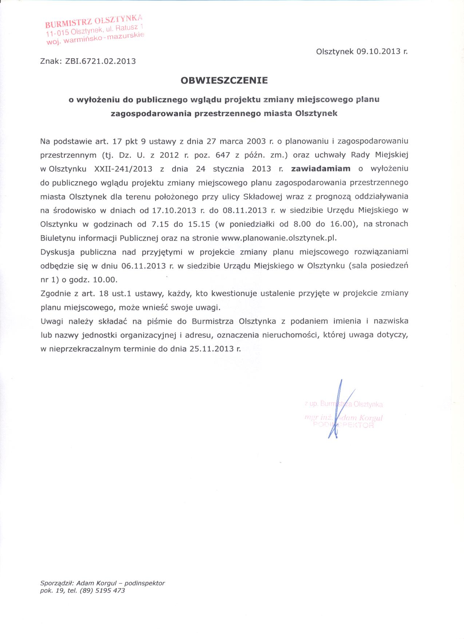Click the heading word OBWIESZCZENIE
[x=224, y=80]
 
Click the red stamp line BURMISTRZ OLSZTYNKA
[x=94, y=20]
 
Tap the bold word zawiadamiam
[x=321, y=169]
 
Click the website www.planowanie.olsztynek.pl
[x=279, y=238]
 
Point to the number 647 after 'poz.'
[x=223, y=155]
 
